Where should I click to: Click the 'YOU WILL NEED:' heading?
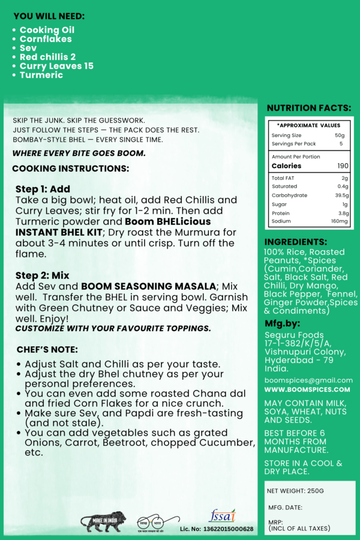pos(49,16)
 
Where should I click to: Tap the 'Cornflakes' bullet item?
pos(46,39)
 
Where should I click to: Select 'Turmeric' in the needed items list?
pos(41,75)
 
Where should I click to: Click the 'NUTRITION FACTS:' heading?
pos(309,108)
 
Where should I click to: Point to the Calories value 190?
pos(342,166)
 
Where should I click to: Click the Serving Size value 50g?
pos(340,136)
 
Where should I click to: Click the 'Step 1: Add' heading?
pos(43,189)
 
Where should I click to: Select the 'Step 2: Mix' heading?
pos(43,275)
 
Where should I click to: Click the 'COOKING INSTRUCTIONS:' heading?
pos(71,169)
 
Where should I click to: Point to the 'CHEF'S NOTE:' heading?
pos(48,349)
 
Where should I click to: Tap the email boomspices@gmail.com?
pos(308,380)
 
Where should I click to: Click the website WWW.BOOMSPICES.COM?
pos(308,389)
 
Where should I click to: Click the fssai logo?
pos(222,516)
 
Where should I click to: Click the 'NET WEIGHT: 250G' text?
pos(295,491)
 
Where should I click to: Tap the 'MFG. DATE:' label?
pos(285,508)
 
